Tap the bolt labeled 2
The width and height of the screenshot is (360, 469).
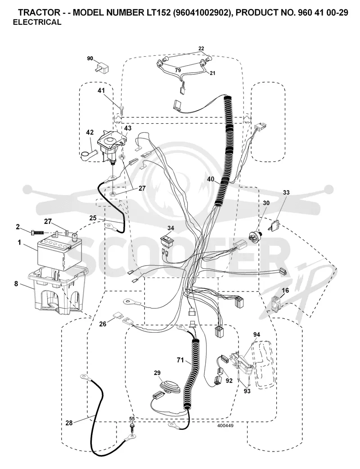(x=38, y=232)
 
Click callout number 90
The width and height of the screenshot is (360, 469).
(x=90, y=58)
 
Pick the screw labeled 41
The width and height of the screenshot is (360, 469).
(x=121, y=109)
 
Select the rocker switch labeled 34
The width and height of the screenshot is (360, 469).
(x=166, y=241)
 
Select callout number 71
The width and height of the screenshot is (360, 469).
(x=180, y=360)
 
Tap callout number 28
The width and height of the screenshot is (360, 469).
(x=69, y=423)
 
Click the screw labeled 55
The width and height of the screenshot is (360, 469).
(x=132, y=426)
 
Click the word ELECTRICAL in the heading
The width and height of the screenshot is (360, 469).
(x=37, y=22)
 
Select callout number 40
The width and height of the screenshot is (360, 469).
(x=211, y=179)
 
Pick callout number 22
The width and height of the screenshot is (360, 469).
(x=201, y=49)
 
